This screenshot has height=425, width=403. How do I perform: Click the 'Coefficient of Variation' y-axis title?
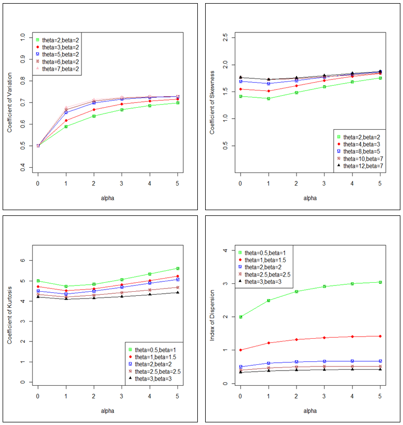coord(9,102)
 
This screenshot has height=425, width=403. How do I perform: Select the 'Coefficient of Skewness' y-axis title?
coord(211,102)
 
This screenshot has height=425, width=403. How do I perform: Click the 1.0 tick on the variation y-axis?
coord(22,37)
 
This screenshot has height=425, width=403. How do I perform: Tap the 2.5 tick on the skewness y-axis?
coord(224,37)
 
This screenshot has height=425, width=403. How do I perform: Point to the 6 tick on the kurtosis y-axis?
coord(22,260)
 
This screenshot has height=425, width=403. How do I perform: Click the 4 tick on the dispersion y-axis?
coord(224,251)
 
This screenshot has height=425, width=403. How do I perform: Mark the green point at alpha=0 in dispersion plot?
coord(241,317)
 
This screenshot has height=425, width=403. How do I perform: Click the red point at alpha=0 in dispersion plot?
coord(241,350)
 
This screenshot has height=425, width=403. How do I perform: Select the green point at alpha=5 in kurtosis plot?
coord(178,269)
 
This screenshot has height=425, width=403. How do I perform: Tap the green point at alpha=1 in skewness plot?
coord(268,98)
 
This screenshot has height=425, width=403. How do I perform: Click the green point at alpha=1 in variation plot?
coord(66,127)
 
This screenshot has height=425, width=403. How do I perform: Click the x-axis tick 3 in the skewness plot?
coord(324,183)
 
